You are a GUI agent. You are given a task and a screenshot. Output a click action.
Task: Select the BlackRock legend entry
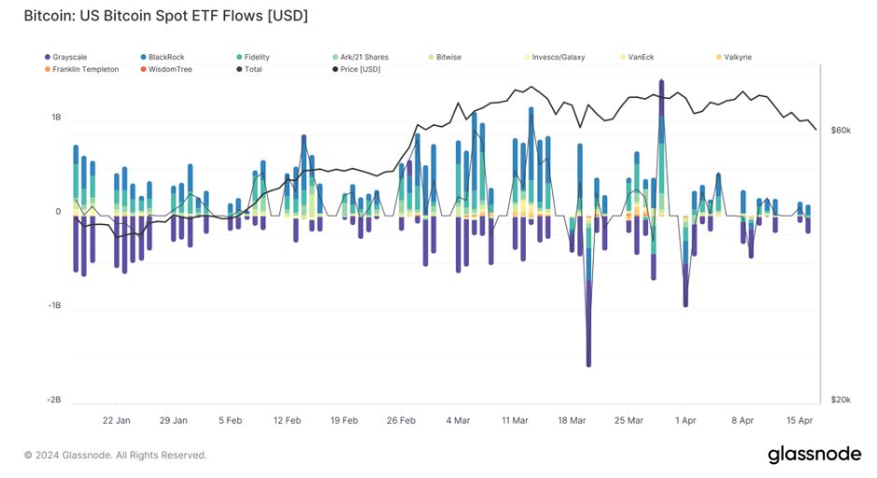tap(166, 57)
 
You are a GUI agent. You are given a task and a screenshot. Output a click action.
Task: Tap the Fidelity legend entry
tap(257, 57)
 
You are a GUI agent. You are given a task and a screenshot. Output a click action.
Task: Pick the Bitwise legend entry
tap(448, 57)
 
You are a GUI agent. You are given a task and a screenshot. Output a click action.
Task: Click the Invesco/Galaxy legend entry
tap(558, 57)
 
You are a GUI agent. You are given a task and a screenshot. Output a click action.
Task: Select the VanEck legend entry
tap(641, 57)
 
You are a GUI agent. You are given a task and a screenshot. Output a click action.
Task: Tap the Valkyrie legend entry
tap(737, 57)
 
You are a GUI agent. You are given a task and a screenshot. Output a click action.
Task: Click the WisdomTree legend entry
tap(170, 69)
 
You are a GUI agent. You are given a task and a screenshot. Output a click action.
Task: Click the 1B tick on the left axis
tap(56, 118)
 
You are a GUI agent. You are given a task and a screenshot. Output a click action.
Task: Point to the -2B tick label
tap(54, 400)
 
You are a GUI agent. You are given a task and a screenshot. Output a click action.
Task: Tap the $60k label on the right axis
tap(841, 130)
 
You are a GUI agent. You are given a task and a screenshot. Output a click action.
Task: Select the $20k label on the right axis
tap(841, 400)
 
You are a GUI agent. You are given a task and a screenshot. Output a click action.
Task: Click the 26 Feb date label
tap(401, 420)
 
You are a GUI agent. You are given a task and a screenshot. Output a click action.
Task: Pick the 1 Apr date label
tap(685, 420)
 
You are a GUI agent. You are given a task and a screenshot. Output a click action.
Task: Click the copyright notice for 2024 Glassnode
tap(116, 456)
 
